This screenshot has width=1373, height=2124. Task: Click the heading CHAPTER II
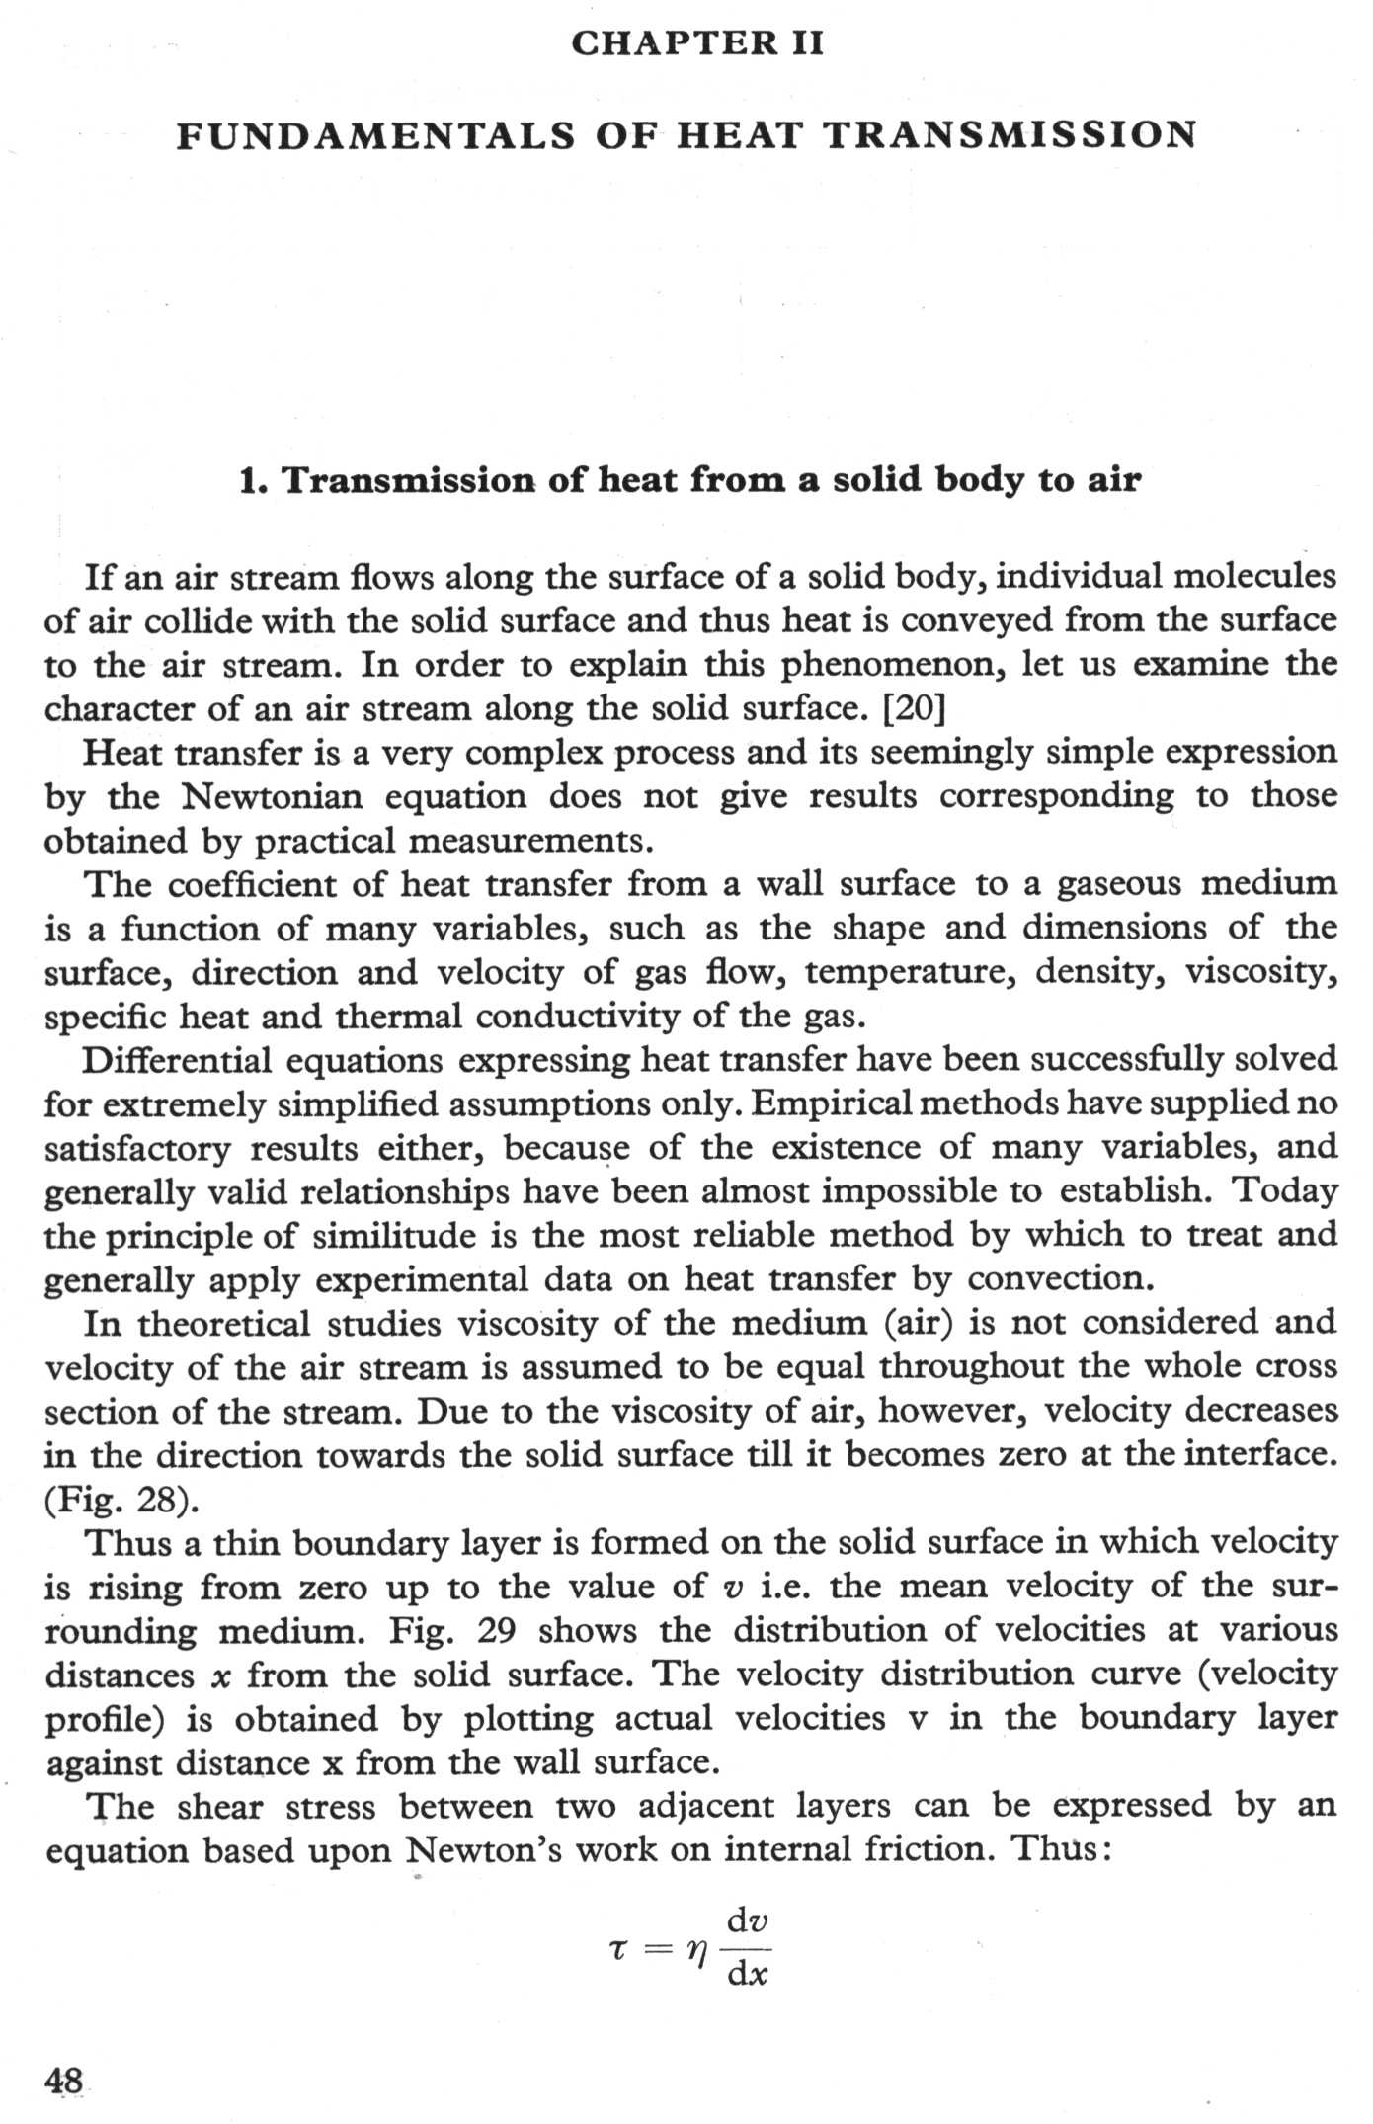pos(697,43)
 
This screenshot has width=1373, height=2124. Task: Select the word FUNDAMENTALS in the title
pos(375,135)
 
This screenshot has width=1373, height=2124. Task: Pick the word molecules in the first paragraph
pos(1254,576)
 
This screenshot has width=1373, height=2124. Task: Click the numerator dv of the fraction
pos(748,1921)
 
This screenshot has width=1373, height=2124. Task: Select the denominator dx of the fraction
pos(748,1975)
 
